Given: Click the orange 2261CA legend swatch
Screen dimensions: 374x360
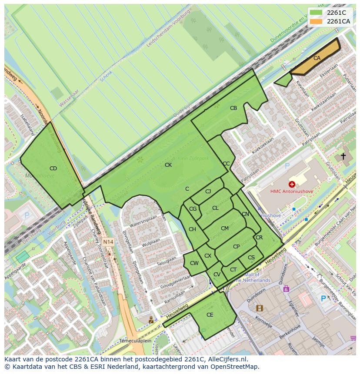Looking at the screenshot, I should coord(316,21).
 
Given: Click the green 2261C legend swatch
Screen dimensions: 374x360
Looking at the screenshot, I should coord(316,13).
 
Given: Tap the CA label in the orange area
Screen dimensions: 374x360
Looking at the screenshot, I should coord(317,58).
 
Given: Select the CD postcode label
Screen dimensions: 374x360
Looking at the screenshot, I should coord(53,169).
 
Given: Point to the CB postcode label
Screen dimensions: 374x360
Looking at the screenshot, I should coord(233,108).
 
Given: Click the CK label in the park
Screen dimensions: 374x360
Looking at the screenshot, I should coord(168,165).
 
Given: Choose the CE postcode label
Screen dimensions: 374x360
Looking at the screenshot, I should coord(210,315).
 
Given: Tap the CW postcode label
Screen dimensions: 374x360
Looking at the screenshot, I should coord(194,263).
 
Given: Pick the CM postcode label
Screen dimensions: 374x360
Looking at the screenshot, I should coord(224,228).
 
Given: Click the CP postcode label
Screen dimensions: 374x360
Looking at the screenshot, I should coord(236,247).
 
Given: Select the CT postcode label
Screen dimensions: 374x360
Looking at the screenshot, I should coord(233,270).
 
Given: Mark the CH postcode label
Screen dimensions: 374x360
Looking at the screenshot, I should coord(192,229).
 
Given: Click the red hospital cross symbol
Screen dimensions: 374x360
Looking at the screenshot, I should coord(292,184).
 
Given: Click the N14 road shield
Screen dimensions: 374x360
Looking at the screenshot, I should coord(108,242).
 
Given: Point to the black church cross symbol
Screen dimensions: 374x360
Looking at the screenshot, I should coord(343,156).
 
